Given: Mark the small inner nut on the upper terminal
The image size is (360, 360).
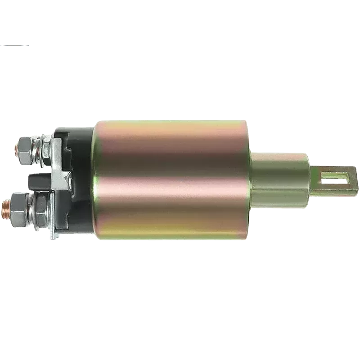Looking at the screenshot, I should tap(47, 146).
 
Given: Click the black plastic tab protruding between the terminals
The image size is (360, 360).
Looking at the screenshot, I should tap(38, 181).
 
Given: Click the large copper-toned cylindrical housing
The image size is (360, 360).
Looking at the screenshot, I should tap(171, 180).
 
